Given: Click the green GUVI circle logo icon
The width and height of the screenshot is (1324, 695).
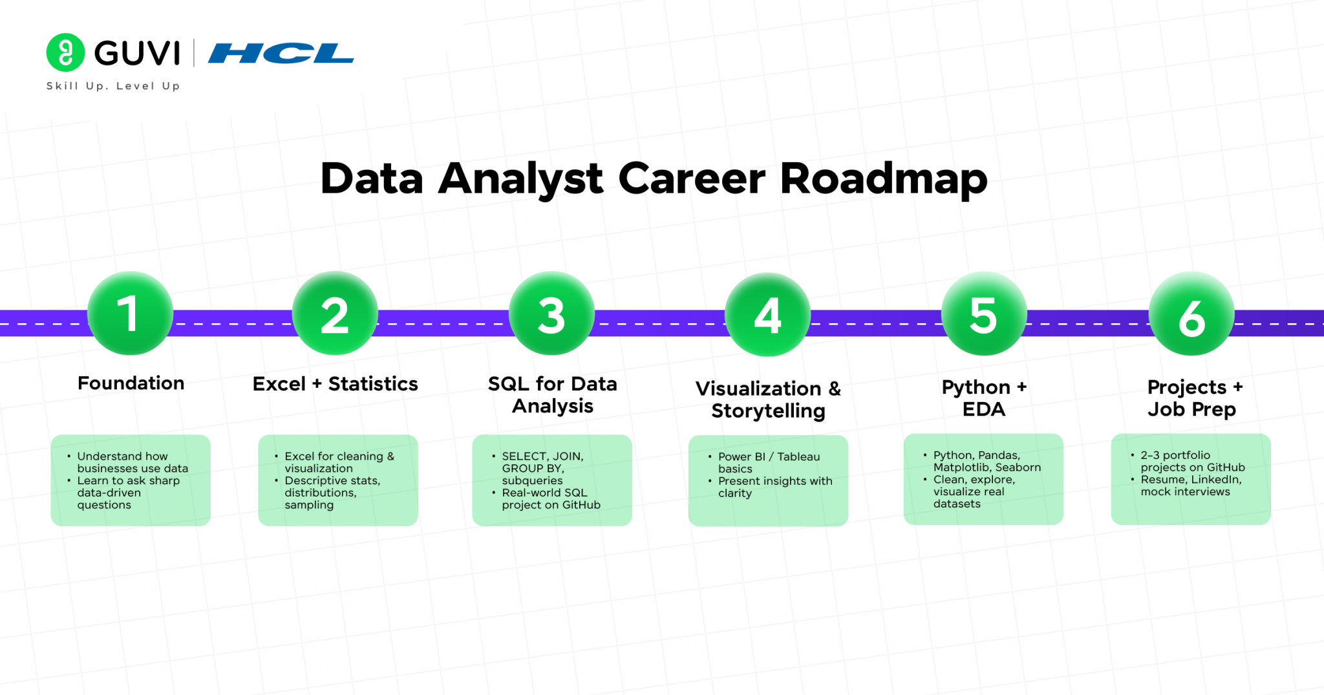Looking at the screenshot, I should click(x=65, y=52).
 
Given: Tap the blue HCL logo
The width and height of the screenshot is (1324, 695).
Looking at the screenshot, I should click(x=281, y=54).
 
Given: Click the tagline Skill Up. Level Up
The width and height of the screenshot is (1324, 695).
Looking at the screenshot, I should click(x=113, y=86).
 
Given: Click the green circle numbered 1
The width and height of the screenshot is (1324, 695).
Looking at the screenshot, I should click(x=130, y=314).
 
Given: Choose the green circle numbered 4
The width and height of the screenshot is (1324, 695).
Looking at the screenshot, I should click(x=767, y=315).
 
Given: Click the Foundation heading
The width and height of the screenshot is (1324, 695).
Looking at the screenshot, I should click(x=131, y=383).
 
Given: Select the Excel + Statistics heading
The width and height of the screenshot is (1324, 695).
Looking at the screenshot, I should click(x=335, y=384).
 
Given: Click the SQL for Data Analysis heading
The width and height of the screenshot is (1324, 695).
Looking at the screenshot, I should click(x=552, y=394).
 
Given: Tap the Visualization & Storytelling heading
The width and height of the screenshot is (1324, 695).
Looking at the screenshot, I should click(x=768, y=400).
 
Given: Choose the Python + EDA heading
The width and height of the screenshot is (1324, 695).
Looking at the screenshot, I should click(x=983, y=398).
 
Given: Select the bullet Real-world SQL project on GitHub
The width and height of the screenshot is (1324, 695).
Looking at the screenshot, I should click(x=550, y=498).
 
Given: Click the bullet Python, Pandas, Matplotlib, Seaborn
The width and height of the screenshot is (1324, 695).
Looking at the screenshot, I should click(x=986, y=461).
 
